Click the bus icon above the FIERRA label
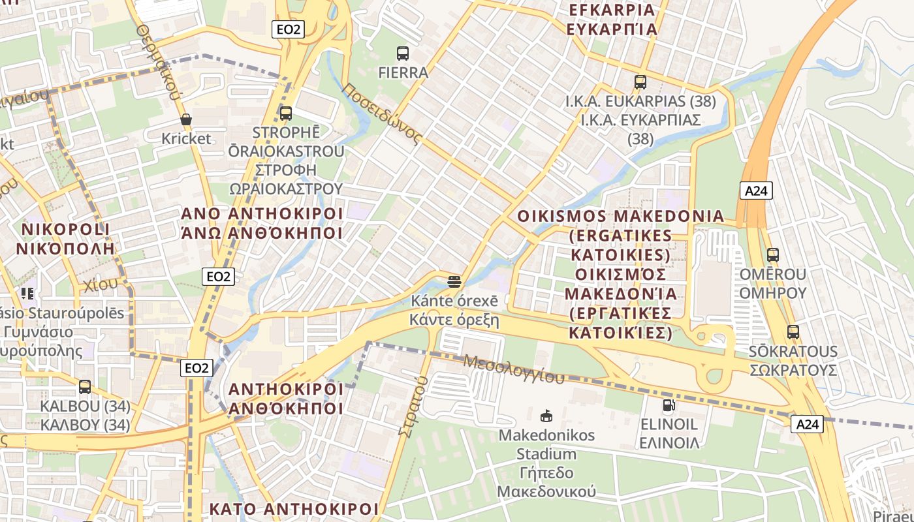click(x=403, y=54)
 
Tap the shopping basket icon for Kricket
click(x=186, y=119)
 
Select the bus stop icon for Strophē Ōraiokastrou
click(x=286, y=113)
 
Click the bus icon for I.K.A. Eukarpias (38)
click(x=640, y=82)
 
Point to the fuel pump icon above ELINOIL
click(x=668, y=405)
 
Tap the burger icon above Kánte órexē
click(x=454, y=282)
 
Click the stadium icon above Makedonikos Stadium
click(x=546, y=416)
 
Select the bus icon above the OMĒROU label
click(x=773, y=255)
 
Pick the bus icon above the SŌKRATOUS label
click(x=793, y=332)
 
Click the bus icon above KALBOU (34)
click(x=85, y=387)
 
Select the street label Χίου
click(x=101, y=284)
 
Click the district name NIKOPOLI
click(x=66, y=230)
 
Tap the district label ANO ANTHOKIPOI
click(x=262, y=214)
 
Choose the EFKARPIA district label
click(x=612, y=10)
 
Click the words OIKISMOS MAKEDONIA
click(x=620, y=216)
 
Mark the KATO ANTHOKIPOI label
click(x=294, y=509)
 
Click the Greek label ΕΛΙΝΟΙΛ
click(x=669, y=443)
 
